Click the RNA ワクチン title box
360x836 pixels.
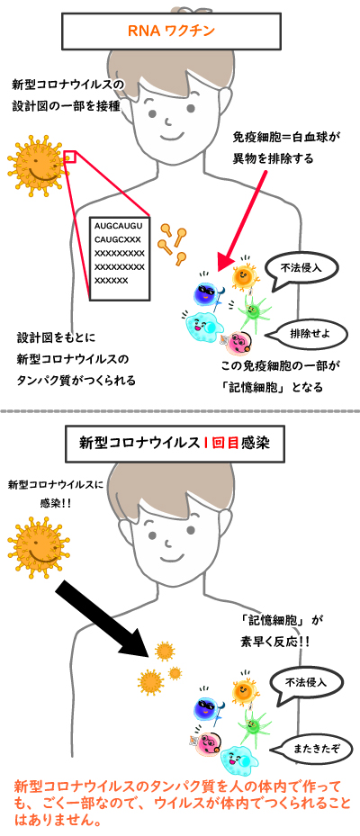[x=172, y=31]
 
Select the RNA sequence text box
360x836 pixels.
[x=120, y=257]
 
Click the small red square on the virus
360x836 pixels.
[x=71, y=157]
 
